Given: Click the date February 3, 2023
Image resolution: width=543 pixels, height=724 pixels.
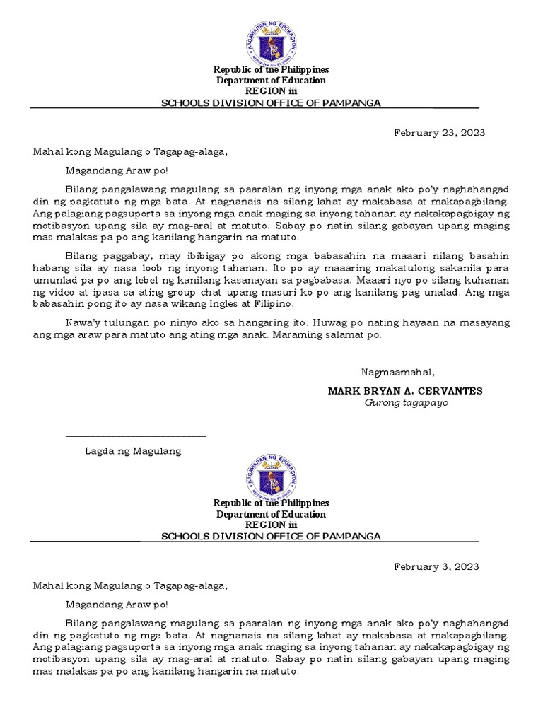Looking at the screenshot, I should tap(436, 566).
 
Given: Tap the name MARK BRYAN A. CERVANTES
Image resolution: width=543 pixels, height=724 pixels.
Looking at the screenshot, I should tap(405, 391).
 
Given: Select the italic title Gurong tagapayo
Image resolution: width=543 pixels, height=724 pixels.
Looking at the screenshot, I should tap(406, 403).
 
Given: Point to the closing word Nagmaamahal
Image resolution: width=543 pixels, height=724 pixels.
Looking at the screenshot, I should tap(398, 373).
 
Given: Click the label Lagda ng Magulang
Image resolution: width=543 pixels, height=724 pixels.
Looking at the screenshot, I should tap(133, 451).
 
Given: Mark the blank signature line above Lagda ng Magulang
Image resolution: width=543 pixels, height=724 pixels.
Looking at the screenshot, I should tap(136, 437).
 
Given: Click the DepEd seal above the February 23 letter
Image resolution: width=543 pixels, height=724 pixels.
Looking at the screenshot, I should tap(271, 42).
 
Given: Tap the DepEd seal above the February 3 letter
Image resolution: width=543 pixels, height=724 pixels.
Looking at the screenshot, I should tap(271, 475).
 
